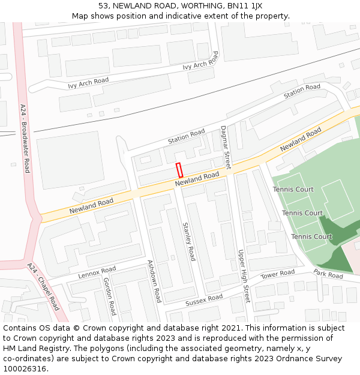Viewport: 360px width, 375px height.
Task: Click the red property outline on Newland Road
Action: [x=179, y=170]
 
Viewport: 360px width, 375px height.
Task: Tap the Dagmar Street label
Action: [x=226, y=147]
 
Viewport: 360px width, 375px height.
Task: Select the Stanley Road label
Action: [x=189, y=241]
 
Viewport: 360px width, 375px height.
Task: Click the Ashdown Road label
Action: [x=155, y=281]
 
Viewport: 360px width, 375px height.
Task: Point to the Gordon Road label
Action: [x=109, y=296]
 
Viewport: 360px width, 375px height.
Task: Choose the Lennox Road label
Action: [x=97, y=273]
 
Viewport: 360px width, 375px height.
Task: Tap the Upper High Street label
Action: [x=243, y=276]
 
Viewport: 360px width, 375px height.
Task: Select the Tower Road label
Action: [x=278, y=274]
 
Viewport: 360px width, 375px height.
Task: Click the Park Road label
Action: [x=328, y=274]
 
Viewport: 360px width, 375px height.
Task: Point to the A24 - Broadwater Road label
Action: [x=25, y=139]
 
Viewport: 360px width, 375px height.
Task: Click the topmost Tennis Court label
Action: [x=293, y=190]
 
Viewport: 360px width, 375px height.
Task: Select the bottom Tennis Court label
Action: [x=311, y=236]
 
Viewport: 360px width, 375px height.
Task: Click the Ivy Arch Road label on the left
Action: [x=88, y=83]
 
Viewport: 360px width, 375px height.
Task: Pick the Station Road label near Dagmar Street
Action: [x=186, y=136]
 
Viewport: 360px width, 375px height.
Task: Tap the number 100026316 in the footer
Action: [x=24, y=369]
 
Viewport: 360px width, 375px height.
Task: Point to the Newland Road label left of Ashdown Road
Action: [x=91, y=206]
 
